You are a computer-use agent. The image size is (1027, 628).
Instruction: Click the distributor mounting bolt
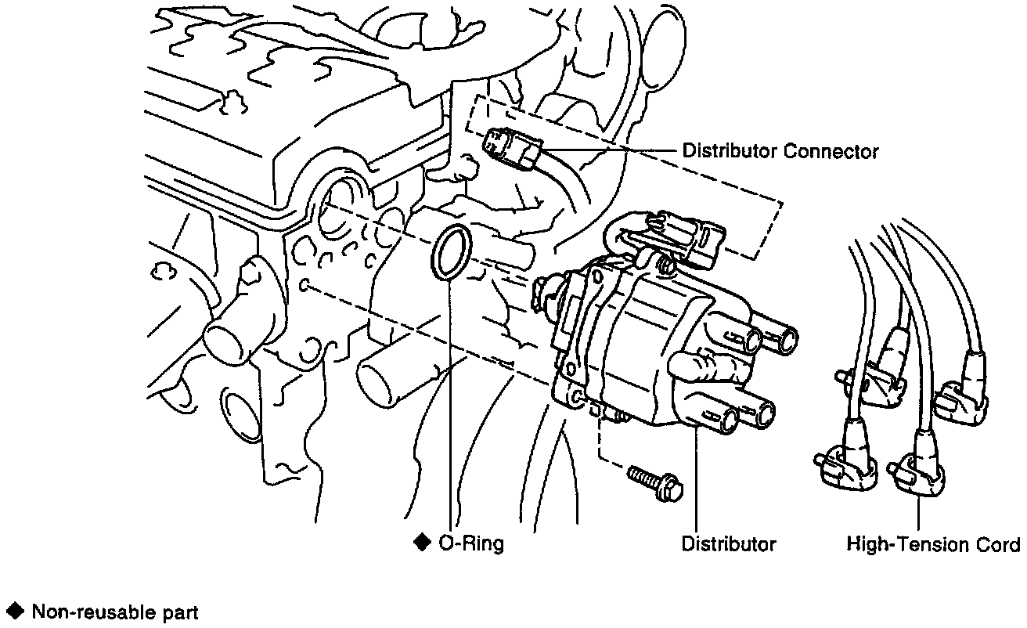click(654, 482)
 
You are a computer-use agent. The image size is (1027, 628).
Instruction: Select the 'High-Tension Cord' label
click(933, 543)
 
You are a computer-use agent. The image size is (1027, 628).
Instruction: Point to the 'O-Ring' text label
click(470, 543)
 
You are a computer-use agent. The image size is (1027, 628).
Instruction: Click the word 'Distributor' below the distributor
click(729, 543)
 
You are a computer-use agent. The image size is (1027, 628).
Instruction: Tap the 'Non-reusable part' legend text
click(114, 612)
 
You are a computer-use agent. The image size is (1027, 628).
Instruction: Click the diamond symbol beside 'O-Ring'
click(423, 542)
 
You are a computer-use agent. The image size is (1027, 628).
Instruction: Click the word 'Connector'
click(831, 151)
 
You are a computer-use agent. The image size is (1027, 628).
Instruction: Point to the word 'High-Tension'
click(907, 543)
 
